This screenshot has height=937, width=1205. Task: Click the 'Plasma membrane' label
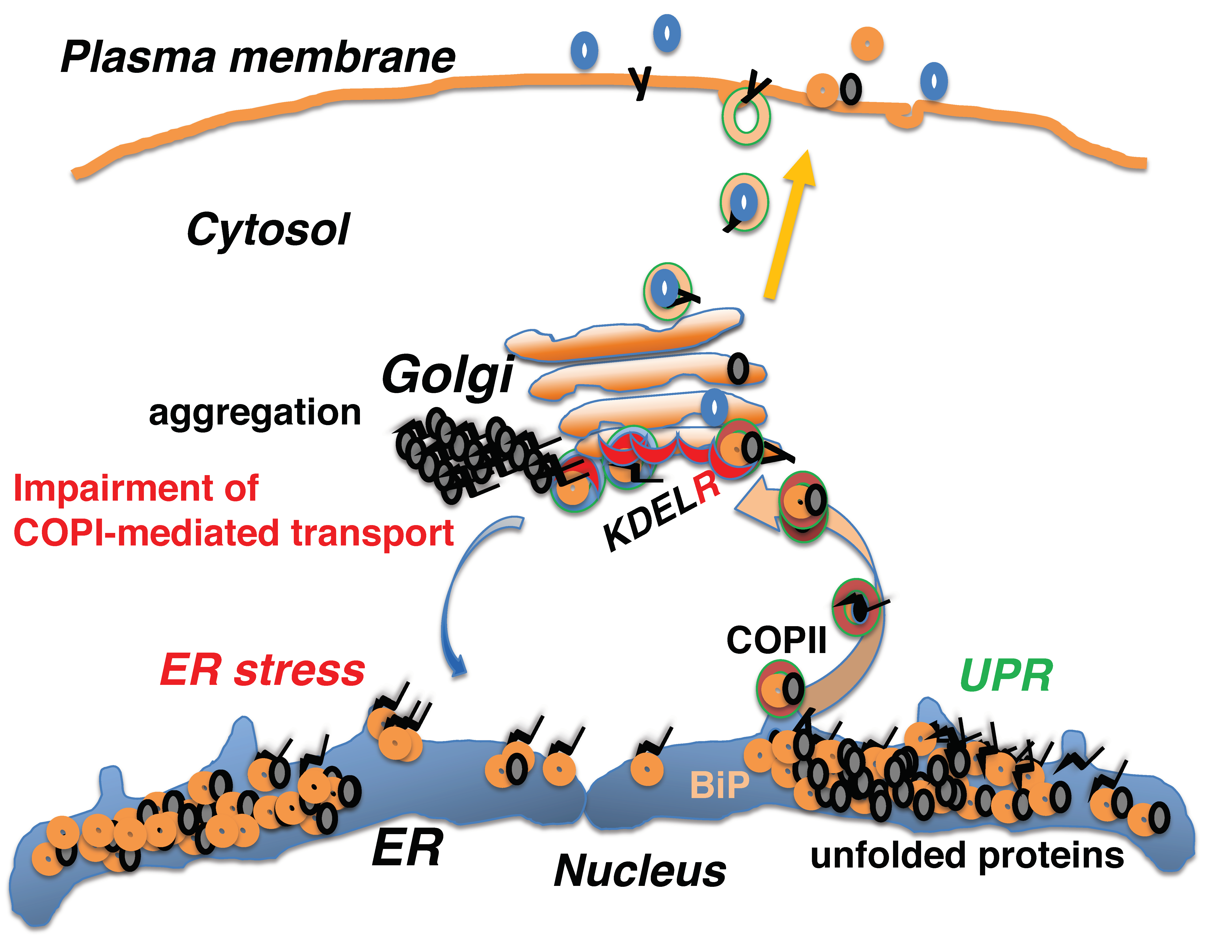258,57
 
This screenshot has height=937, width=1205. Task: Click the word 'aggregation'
255,413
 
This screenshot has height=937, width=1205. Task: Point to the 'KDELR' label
662,513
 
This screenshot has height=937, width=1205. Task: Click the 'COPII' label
776,640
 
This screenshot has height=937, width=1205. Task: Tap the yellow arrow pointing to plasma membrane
789,226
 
